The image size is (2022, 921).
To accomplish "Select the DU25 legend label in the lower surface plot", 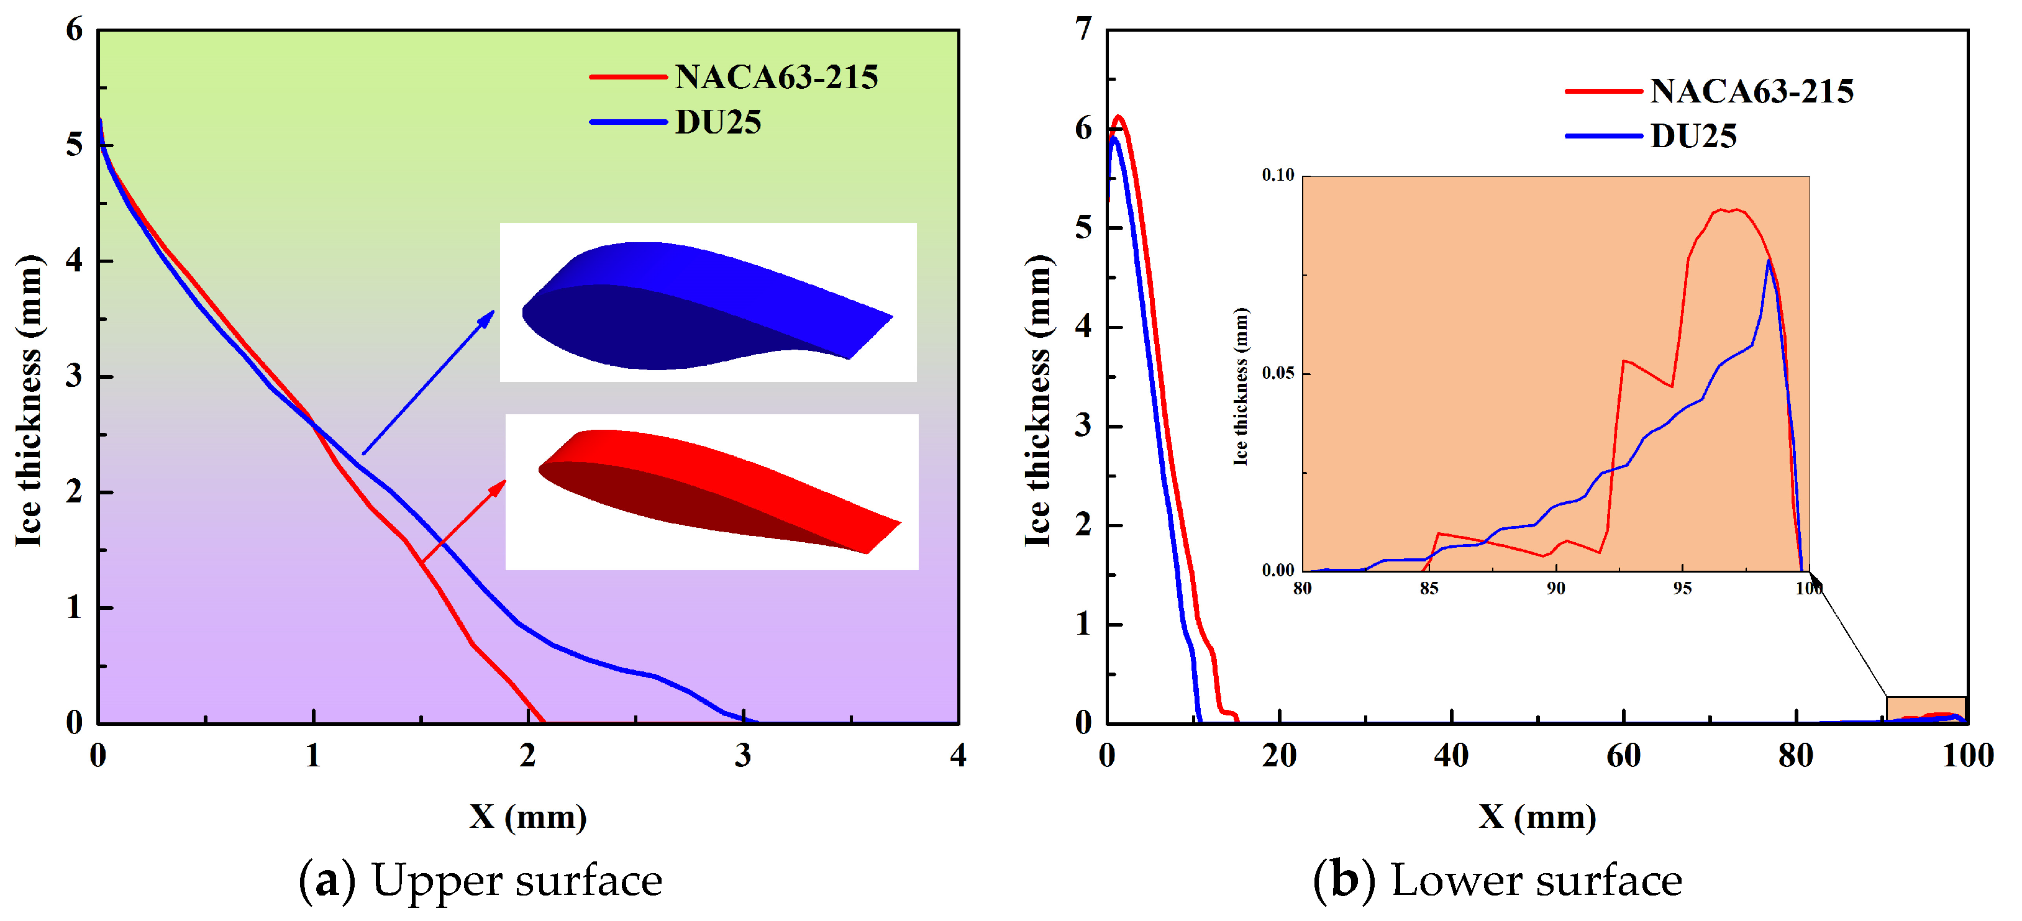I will (x=1693, y=137).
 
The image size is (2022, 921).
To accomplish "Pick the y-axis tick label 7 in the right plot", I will (x=1083, y=29).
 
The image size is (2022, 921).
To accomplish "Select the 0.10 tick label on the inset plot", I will (x=1277, y=175).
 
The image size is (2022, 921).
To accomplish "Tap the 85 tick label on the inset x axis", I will (x=1429, y=588).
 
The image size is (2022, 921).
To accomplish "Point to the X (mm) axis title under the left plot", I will (x=527, y=817).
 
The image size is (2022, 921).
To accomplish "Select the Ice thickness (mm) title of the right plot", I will (x=1037, y=400).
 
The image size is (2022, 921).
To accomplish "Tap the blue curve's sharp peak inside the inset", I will (x=1769, y=260).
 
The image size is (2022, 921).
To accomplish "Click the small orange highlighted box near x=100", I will (x=1926, y=709).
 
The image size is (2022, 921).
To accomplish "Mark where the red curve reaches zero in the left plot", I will (x=544, y=722).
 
